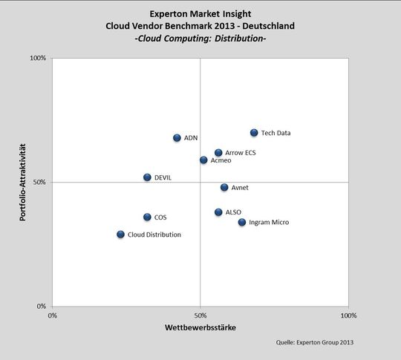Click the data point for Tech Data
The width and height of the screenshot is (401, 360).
coord(254,133)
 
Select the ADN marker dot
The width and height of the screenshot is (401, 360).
coord(177,138)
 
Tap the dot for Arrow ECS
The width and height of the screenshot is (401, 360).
coord(218,153)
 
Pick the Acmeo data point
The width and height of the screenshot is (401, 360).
coord(203,160)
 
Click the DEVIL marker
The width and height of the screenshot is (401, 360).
coord(147,177)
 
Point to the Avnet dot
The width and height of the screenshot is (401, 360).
coord(224,188)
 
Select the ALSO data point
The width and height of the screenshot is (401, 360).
coord(218,212)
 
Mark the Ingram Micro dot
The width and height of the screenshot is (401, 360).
coord(242,223)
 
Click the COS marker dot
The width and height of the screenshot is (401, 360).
coord(147,217)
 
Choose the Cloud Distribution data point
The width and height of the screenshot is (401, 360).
coord(120,235)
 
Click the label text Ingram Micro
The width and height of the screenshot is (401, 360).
coord(269,223)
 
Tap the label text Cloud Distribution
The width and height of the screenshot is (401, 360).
coord(154,235)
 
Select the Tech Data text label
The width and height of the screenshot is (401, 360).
coord(276,134)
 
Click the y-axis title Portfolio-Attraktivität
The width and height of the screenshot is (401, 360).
coord(24,182)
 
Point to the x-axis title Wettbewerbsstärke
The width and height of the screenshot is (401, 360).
coord(200,327)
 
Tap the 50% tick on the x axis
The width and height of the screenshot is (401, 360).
coord(200,315)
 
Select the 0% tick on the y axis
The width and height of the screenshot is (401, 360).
coord(42,306)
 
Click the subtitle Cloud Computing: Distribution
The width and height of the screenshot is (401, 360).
coord(200,38)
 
